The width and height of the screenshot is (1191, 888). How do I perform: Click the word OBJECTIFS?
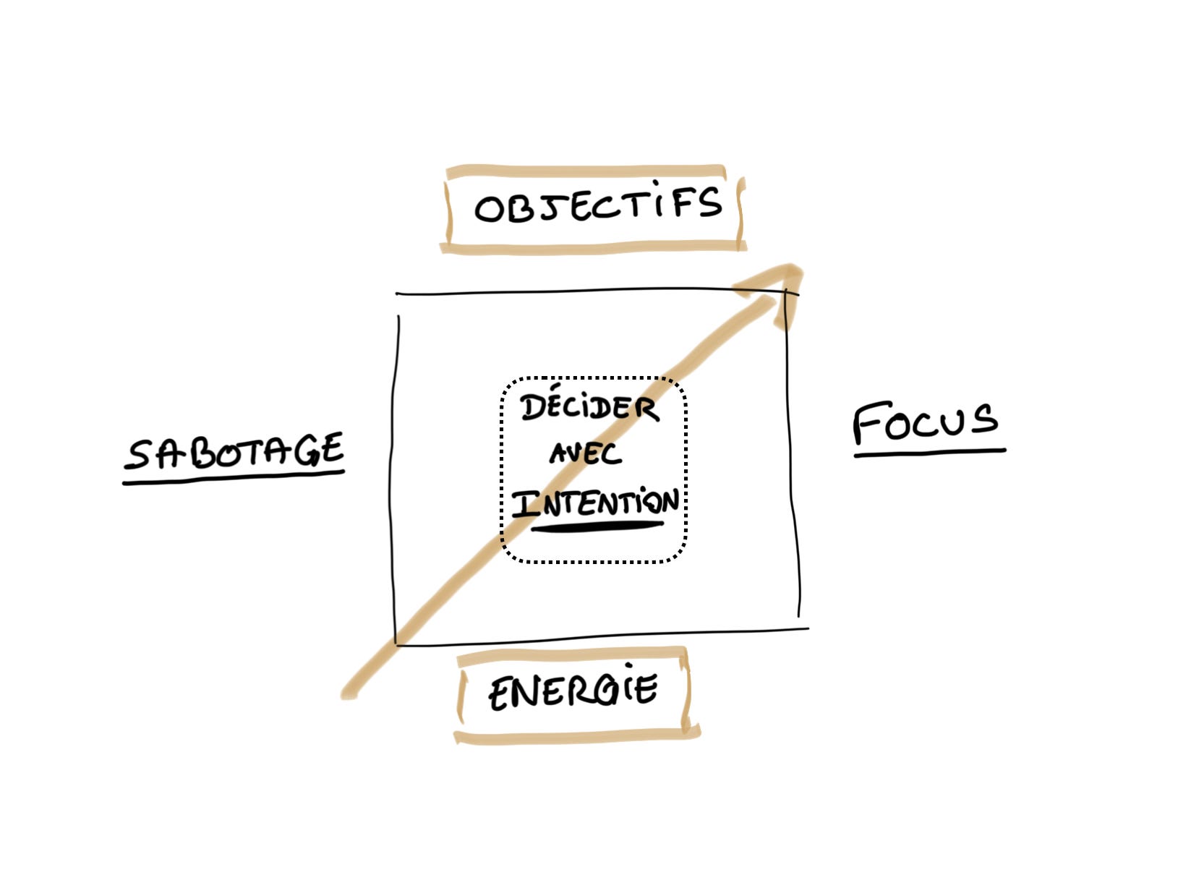point(597,205)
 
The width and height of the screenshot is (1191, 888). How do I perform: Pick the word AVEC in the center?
point(585,454)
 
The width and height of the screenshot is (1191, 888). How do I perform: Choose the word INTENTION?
point(596,502)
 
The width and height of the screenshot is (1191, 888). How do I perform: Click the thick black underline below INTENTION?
point(597,526)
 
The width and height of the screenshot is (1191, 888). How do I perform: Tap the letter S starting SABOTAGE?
point(139,456)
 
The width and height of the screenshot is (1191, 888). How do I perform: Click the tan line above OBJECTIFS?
point(586,171)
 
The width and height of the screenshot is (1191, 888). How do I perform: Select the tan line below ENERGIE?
point(576,737)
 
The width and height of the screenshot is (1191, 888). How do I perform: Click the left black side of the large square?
point(396,477)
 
